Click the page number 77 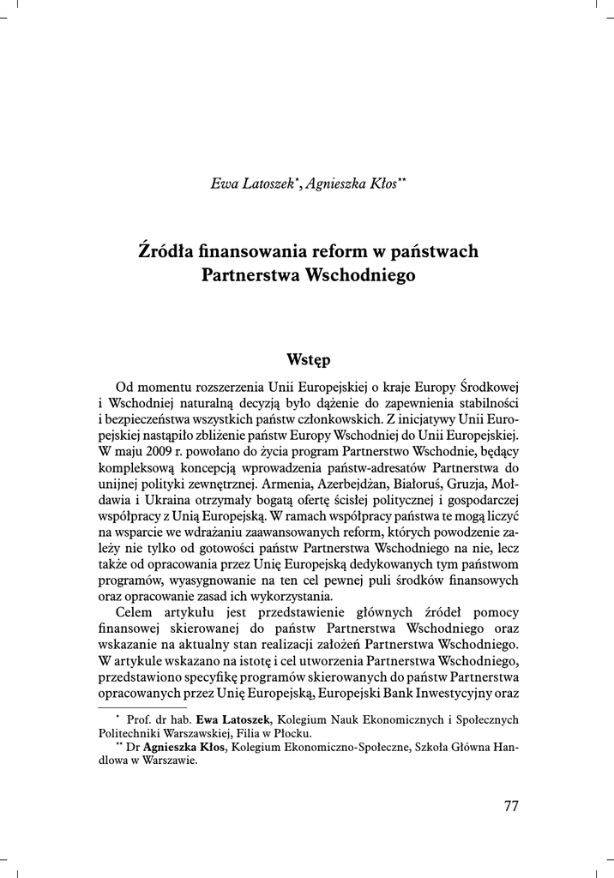pos(511,806)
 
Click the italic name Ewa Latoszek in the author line pos(250,183)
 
